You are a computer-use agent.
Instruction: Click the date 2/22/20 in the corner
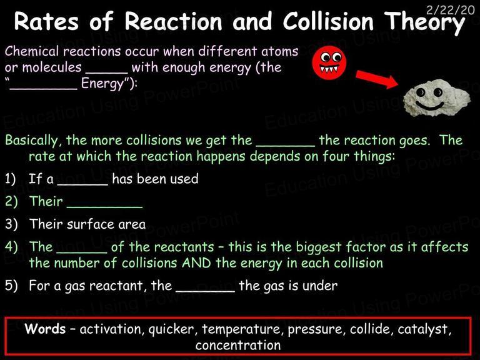click(450, 10)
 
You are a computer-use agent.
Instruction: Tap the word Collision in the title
click(328, 21)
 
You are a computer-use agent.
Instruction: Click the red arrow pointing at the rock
click(377, 79)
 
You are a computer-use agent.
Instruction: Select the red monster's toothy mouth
click(329, 68)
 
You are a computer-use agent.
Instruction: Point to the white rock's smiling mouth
click(429, 106)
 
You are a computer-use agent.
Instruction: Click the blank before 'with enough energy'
click(106, 73)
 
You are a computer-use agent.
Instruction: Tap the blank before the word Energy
click(43, 89)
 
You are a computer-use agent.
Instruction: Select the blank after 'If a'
click(82, 184)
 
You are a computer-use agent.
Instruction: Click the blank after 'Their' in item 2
click(104, 207)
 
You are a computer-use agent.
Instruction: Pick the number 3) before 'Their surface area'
click(11, 224)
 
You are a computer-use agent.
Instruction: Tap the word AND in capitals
click(196, 263)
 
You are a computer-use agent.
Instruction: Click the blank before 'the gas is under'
click(205, 291)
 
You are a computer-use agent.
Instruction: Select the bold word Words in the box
click(45, 329)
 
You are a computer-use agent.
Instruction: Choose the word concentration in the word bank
click(238, 345)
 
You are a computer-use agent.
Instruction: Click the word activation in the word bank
click(111, 329)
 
